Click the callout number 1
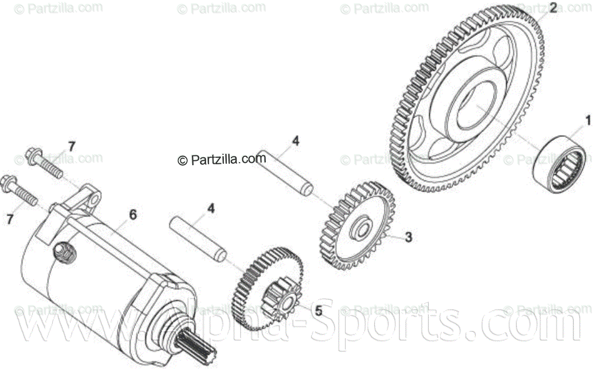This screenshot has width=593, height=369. point(588,120)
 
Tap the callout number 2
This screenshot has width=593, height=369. point(553,7)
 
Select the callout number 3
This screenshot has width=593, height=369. point(408,237)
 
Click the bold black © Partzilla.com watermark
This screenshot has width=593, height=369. point(221,159)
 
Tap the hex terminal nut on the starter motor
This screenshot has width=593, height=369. point(65,252)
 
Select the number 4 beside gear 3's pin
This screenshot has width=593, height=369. point(296,141)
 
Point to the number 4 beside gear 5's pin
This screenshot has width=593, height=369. point(211,209)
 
